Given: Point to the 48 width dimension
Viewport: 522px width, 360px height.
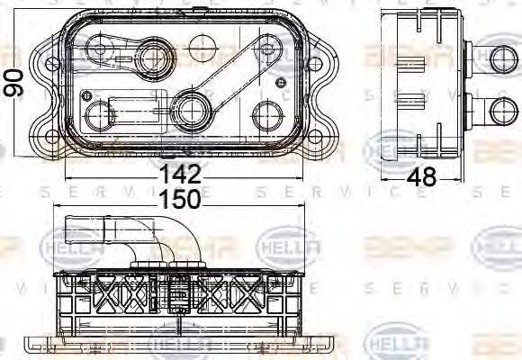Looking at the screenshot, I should tap(419, 176).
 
